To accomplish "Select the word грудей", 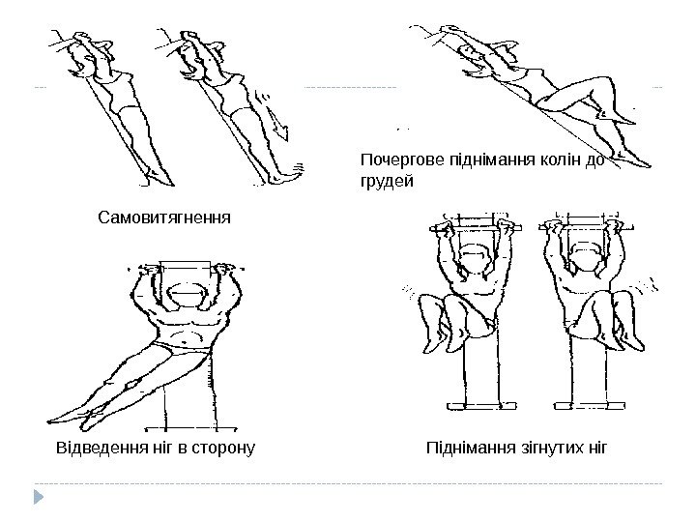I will pyautogui.click(x=386, y=181).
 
